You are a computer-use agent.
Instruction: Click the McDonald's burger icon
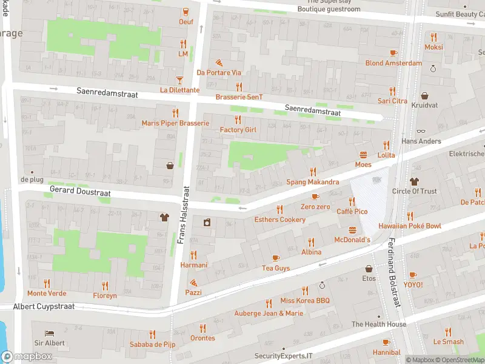[353, 230]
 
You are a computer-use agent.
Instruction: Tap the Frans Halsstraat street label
[181, 216]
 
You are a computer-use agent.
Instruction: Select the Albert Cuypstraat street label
[44, 306]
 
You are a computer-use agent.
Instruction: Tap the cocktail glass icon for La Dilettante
[179, 80]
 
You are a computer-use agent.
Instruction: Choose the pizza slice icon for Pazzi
[193, 282]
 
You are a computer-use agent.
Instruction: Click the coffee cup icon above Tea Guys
[276, 258]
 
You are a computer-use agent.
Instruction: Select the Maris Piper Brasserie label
[175, 123]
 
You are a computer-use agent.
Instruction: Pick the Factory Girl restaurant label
[238, 130]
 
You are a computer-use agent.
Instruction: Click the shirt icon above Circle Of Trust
[414, 181]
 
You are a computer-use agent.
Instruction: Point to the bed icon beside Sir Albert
[50, 333]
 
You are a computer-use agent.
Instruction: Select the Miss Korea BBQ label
[304, 300]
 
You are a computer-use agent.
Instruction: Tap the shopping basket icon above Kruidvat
[424, 96]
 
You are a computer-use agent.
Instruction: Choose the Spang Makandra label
[312, 182]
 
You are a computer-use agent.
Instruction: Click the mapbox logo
[27, 357]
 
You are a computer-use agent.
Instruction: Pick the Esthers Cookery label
[279, 220]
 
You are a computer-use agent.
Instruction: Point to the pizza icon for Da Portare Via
[219, 62]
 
